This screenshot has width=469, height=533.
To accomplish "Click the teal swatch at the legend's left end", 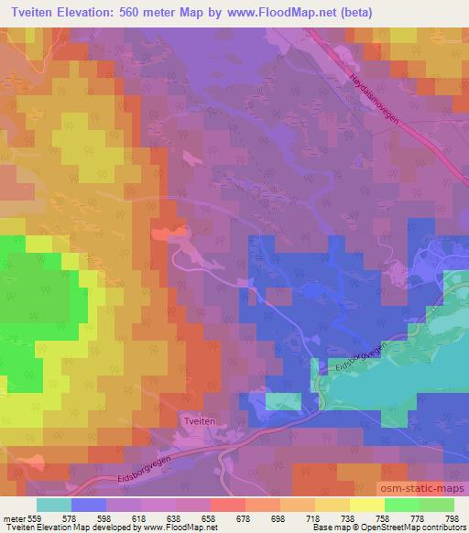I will pyautogui.click(x=54, y=505).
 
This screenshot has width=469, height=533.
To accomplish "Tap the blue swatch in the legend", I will pyautogui.click(x=89, y=505).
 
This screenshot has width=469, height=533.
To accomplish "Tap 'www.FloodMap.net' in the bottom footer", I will pyautogui.click(x=180, y=528).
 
